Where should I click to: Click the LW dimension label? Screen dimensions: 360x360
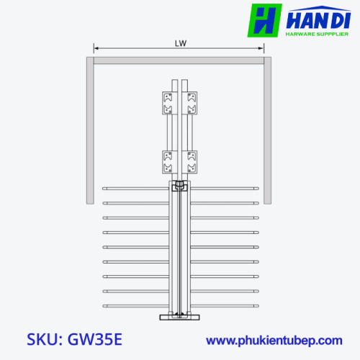(181, 43)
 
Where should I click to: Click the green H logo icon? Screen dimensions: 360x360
(264, 20)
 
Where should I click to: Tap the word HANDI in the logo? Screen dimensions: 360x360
(318, 20)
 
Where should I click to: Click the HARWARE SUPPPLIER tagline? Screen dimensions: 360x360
(317, 34)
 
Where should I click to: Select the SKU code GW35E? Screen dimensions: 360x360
(95, 339)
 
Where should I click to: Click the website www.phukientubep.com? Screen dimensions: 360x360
(274, 341)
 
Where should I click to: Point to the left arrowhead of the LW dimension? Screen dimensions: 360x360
(96, 48)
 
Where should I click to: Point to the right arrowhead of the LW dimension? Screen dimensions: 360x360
(261, 48)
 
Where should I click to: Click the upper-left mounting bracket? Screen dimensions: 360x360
(170, 103)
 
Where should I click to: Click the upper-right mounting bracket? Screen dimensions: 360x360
(189, 103)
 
